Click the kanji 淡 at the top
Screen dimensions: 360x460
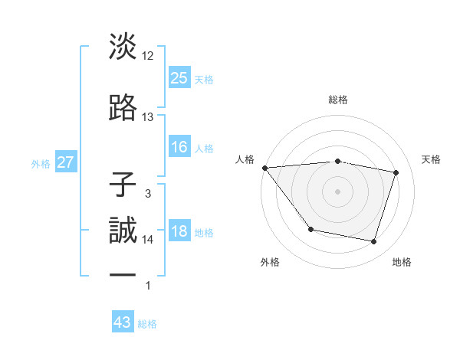coord(123,46)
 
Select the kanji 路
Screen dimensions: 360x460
coord(123,107)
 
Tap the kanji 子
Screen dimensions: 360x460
coord(123,185)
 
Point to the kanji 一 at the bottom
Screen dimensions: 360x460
coord(123,274)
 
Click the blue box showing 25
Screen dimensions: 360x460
coord(179,77)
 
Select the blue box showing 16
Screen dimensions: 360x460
coord(179,147)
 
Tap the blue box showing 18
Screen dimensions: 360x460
coord(179,232)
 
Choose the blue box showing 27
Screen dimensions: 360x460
coord(66,162)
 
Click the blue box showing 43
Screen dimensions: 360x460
coord(123,322)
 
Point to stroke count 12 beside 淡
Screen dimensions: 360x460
coord(148,56)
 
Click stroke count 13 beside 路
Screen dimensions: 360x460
coord(148,117)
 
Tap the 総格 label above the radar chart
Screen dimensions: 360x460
coord(338,100)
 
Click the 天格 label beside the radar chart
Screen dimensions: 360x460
coord(432,159)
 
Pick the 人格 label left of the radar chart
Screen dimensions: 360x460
coord(245,159)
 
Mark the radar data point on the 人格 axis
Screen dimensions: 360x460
coord(264,168)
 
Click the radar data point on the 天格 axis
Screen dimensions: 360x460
coord(396,173)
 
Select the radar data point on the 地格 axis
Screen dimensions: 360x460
coord(373,242)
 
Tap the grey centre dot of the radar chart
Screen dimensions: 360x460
coord(338,191)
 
